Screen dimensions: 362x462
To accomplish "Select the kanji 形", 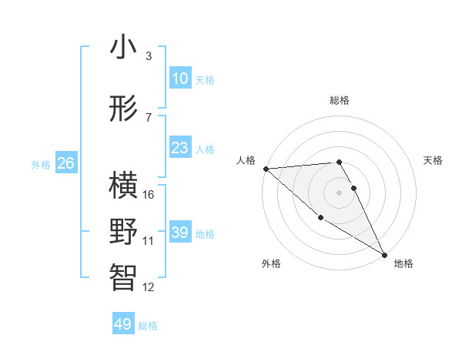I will point(123,109).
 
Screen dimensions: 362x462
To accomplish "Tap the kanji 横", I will point(123,186).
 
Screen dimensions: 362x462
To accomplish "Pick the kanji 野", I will point(123,232).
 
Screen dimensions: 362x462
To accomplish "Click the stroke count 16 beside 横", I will point(149,195).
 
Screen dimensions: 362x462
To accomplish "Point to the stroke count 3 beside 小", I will point(149,56).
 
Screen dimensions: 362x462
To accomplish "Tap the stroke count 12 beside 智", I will point(149,287).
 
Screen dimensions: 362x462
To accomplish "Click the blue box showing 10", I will point(179,79).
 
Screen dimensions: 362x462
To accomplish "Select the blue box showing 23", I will point(179,148).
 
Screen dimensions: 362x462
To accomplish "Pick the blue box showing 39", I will point(179,233).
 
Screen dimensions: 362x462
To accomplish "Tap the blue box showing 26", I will point(65,163).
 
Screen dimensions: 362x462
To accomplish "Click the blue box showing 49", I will point(123,324).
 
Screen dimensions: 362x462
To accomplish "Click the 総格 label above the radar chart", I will point(340,100).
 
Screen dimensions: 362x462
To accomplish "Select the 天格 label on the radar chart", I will point(433,160).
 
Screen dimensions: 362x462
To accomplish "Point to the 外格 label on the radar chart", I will point(270,263).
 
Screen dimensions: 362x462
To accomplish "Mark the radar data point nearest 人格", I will point(266,168).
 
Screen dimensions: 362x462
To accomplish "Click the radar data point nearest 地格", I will point(384,254).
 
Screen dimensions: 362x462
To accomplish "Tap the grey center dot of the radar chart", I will point(340,192).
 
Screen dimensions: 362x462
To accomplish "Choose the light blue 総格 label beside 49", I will point(148,326).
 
